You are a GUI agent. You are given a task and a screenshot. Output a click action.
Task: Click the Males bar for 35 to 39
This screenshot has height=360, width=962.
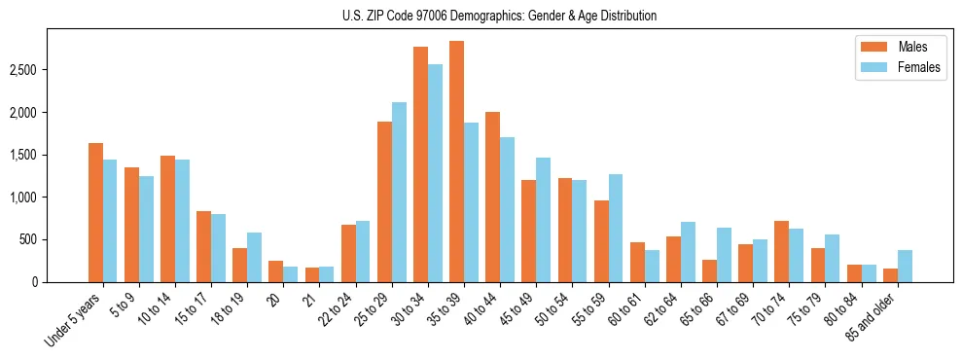[456, 162]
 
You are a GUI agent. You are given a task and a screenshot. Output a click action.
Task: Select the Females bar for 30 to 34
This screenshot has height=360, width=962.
[435, 173]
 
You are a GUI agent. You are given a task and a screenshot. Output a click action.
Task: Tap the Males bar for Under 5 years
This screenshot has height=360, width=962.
[95, 212]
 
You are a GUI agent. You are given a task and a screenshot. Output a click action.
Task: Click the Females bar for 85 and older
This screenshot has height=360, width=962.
[905, 266]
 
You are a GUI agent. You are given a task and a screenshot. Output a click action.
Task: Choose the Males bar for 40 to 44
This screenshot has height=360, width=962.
[492, 197]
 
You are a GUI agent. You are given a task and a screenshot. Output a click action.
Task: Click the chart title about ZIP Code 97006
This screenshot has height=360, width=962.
[499, 16]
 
